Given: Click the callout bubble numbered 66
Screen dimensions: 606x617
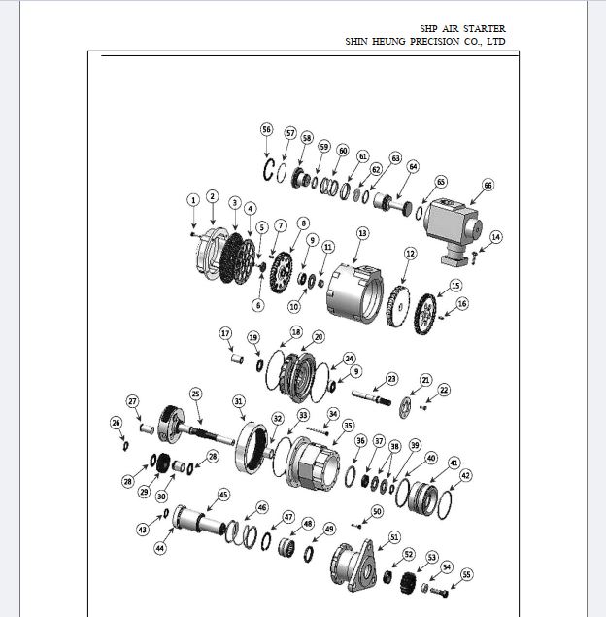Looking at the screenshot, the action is coord(488,185).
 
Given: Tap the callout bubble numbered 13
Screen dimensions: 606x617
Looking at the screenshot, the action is coord(362,233).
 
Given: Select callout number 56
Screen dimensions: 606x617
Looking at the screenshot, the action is coord(267,129).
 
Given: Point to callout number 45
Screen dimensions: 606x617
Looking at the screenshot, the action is coord(223,495).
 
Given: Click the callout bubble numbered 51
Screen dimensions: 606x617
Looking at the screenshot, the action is coord(394,537).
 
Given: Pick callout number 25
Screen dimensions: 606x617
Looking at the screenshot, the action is coord(196,394).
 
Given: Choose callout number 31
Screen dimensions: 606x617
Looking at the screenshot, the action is coord(239,401).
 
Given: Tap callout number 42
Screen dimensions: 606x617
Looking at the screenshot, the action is coord(465,475).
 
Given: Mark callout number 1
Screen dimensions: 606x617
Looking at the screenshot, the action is coord(193,200).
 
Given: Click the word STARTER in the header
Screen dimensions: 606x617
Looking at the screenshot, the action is coord(484,29).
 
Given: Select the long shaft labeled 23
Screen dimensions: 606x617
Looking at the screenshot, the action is coord(372,397).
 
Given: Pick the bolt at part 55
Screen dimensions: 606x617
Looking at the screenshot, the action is coord(439,591).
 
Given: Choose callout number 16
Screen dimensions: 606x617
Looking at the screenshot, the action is coord(462,304).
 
